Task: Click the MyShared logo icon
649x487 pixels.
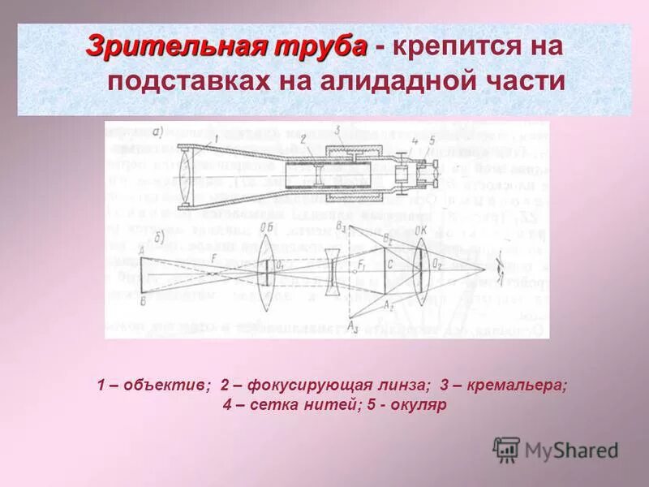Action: coord(506,449)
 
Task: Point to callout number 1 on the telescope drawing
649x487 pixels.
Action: coord(217,140)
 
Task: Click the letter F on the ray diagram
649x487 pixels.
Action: coord(213,257)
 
